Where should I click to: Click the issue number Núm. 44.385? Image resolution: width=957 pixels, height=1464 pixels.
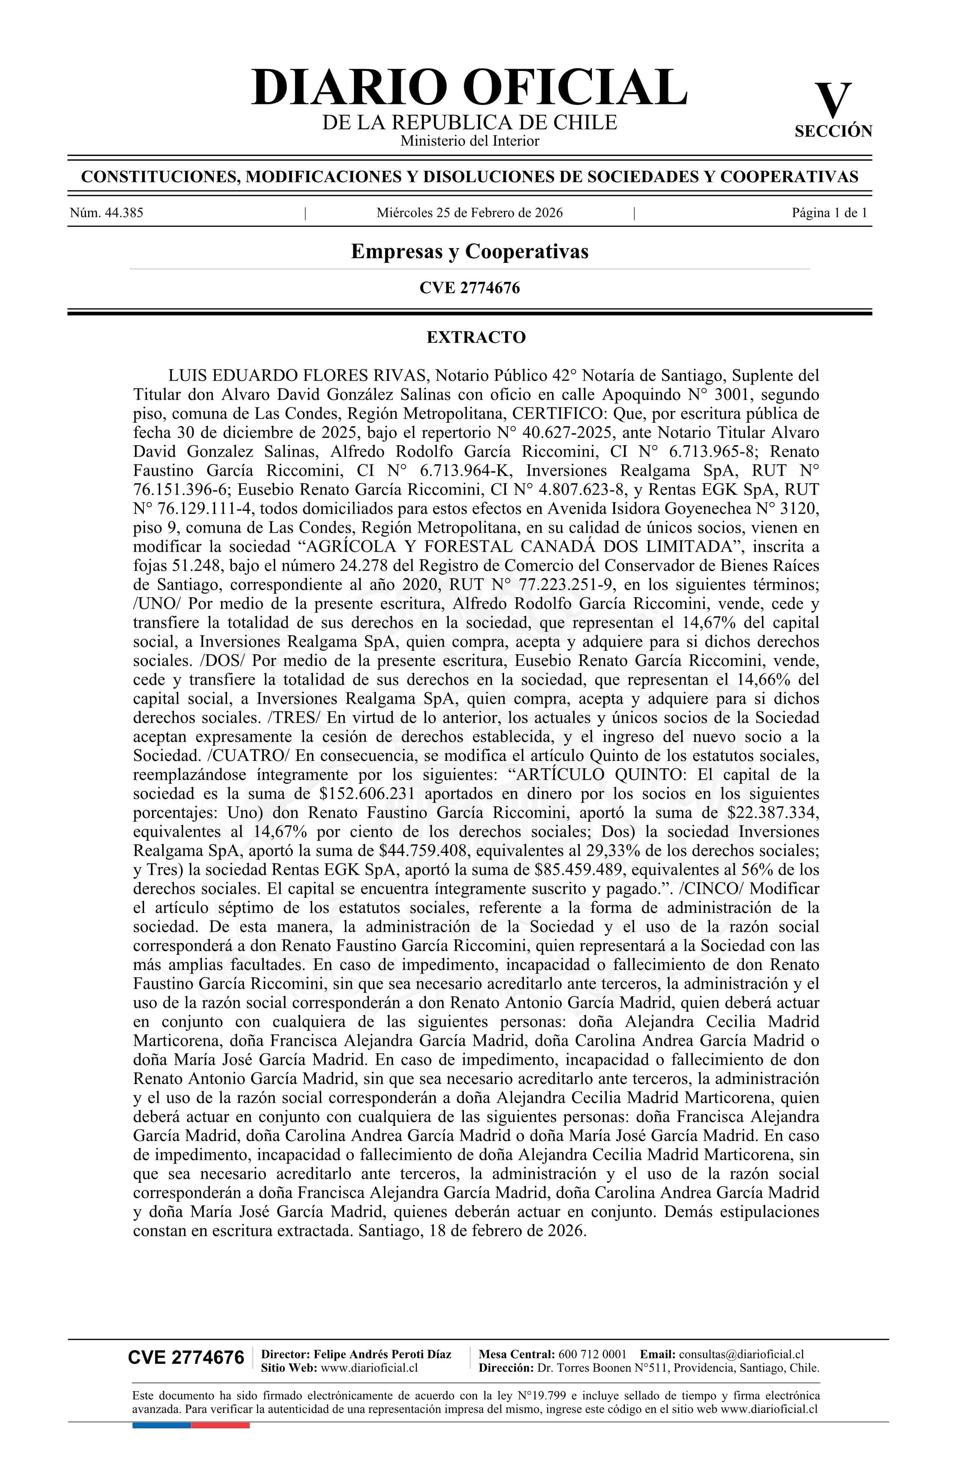[107, 214]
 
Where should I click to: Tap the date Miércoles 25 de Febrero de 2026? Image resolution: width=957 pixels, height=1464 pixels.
[469, 214]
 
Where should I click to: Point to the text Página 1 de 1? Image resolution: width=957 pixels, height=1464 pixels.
[829, 214]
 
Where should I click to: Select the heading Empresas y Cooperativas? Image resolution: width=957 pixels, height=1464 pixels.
[469, 252]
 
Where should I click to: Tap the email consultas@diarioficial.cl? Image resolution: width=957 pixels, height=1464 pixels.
[741, 1354]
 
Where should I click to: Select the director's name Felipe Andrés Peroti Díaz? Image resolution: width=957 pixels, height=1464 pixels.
[382, 1354]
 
